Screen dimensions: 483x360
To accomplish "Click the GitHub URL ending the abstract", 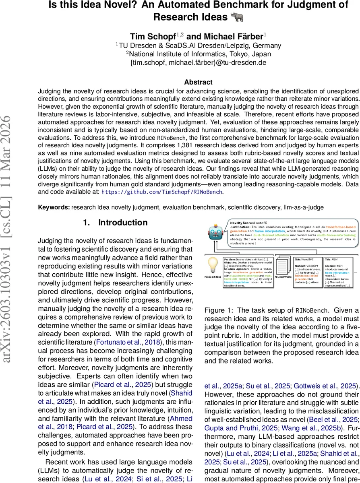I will tap(162, 192).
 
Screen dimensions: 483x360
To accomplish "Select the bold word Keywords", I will tap(54, 207).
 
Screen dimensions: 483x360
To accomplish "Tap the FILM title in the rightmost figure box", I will tap(333, 260).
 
